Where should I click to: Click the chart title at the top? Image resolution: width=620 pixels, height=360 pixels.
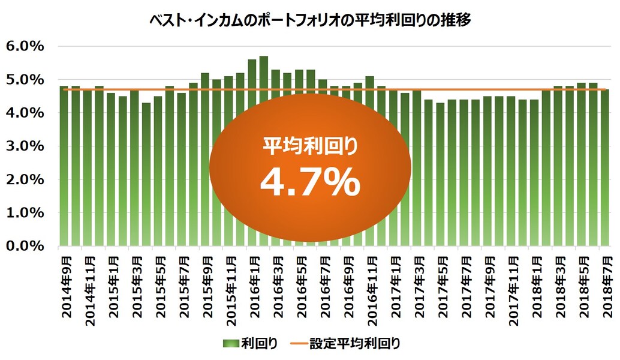(310, 20)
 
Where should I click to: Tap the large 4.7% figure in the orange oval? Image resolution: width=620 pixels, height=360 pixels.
(310, 182)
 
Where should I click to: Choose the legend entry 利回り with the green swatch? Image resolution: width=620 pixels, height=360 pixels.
(251, 344)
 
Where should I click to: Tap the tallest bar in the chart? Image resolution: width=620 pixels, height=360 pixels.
(263, 150)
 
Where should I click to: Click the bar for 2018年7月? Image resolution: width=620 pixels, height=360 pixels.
(604, 168)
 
